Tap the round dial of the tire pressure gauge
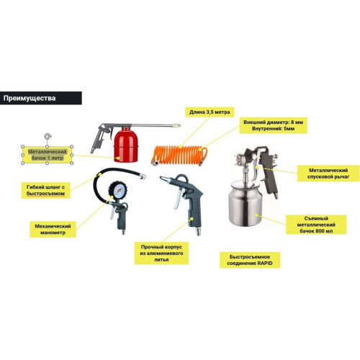pos(120,192)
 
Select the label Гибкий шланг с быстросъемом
pos(48,189)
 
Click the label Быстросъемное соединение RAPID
pos(250,259)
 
